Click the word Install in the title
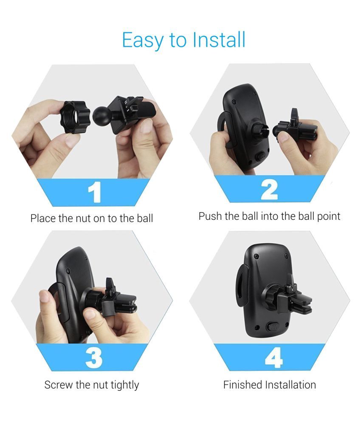click(219, 40)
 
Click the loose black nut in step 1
click(75, 117)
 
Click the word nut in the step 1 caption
click(84, 219)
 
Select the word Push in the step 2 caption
click(210, 216)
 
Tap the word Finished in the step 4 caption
click(243, 385)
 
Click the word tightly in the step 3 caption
click(124, 385)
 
